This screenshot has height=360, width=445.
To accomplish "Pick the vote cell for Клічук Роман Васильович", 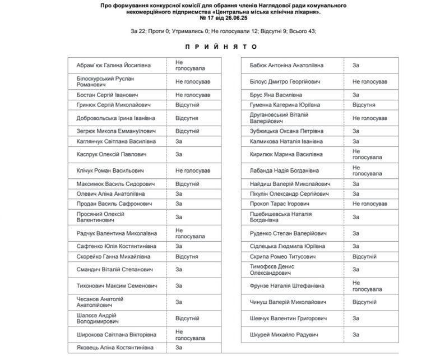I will (x=193, y=170).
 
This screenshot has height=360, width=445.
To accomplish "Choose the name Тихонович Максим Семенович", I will (x=111, y=285).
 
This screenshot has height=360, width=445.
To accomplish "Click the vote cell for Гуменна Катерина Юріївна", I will (x=364, y=105).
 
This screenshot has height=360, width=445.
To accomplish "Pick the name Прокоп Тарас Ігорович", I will (x=279, y=203).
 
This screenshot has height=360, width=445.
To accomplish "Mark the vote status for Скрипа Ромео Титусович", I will (x=367, y=256).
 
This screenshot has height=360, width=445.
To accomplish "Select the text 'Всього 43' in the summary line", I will (x=301, y=31).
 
